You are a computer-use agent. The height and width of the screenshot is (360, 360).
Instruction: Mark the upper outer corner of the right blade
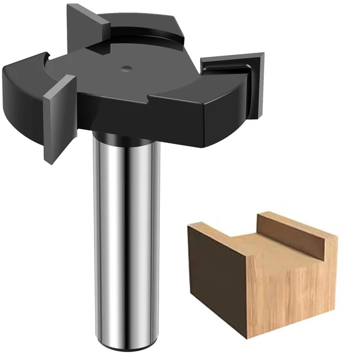(x=263, y=55)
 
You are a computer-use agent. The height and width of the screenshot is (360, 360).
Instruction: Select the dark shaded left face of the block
(x=217, y=276)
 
